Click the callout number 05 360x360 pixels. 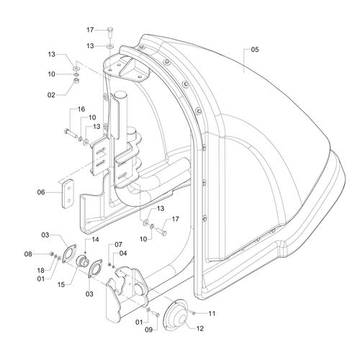[255, 50]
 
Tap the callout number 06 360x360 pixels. [41, 192]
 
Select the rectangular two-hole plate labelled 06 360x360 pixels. [68, 194]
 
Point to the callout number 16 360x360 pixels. [81, 109]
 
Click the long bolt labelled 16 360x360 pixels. [71, 133]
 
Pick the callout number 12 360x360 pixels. [200, 328]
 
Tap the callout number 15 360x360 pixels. [61, 284]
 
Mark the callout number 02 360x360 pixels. [51, 95]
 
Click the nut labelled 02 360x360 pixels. [76, 81]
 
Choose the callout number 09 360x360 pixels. [149, 330]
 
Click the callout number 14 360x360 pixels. [95, 240]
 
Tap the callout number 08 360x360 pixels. [28, 254]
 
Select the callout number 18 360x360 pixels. [41, 271]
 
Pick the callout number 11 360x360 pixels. [212, 313]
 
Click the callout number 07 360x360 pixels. [119, 245]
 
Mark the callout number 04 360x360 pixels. [123, 253]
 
